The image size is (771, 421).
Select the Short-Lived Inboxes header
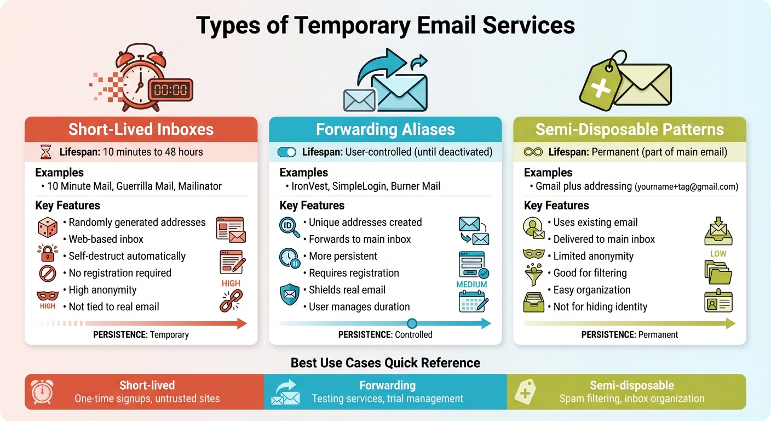141,129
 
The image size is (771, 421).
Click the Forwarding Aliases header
385,129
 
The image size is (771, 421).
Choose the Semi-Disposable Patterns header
629,129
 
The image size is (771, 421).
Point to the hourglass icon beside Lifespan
45,152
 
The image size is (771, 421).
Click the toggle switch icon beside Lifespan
287,152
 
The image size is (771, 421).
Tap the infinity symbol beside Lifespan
533,152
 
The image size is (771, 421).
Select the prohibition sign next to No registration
47,273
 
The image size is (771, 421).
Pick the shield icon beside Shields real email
289,294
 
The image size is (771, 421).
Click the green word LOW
718,254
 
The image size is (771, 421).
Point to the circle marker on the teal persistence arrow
412,323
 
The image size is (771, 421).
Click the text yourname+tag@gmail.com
686,187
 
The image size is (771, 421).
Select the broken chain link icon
231,301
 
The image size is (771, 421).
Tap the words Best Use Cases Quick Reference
385,363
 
